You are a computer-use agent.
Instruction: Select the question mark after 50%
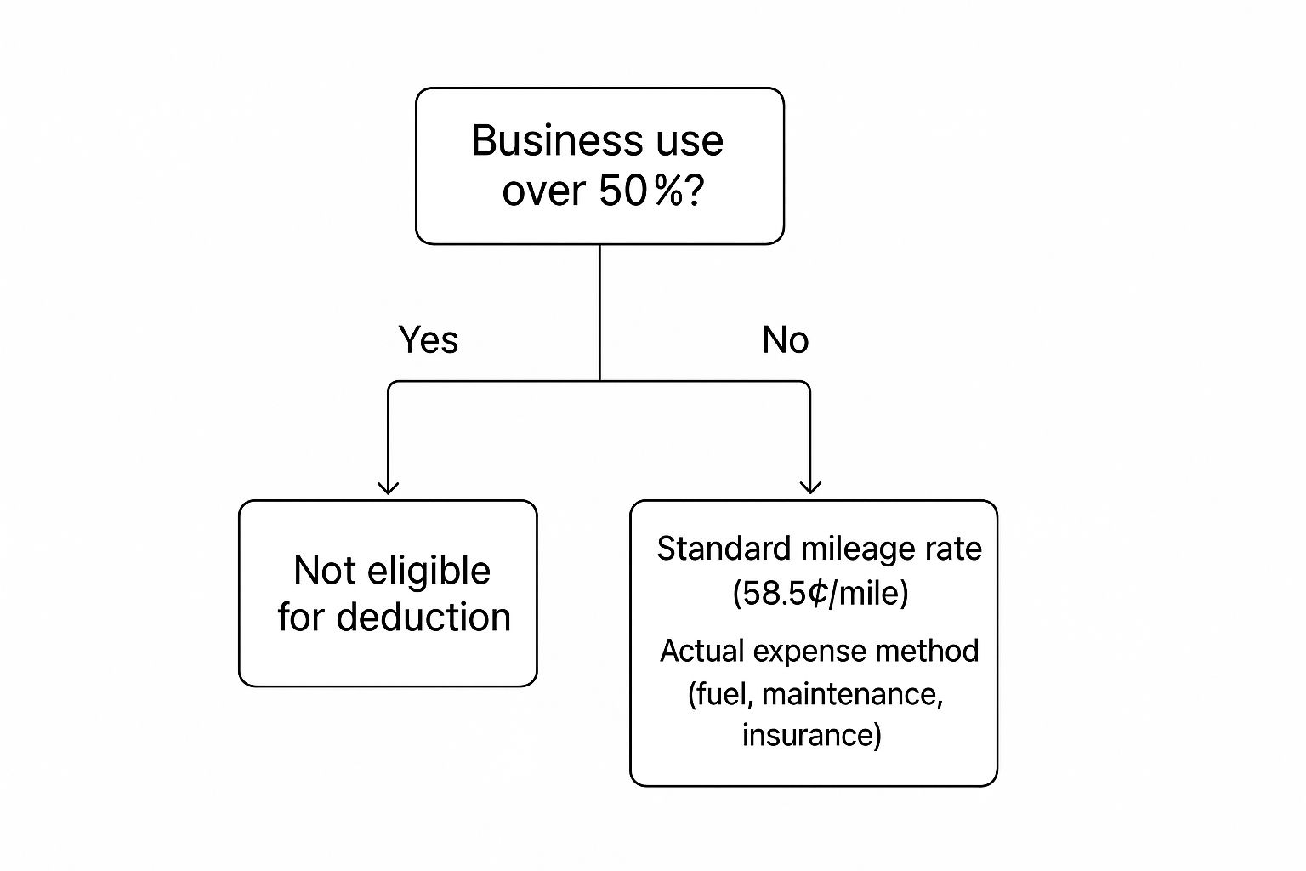point(695,191)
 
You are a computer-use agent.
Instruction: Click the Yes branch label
point(429,339)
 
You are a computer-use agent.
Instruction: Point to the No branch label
point(786,339)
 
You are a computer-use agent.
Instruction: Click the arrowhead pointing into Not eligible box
point(388,487)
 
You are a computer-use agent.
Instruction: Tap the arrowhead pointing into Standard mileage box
point(810,487)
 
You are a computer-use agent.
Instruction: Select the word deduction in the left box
point(424,618)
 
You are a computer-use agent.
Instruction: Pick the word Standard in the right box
point(724,549)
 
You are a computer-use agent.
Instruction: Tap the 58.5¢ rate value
point(785,594)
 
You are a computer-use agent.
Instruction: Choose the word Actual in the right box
point(702,651)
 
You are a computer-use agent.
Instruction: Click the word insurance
point(808,735)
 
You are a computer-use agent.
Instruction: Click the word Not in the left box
point(325,571)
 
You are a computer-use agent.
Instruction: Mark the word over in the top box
point(543,191)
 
